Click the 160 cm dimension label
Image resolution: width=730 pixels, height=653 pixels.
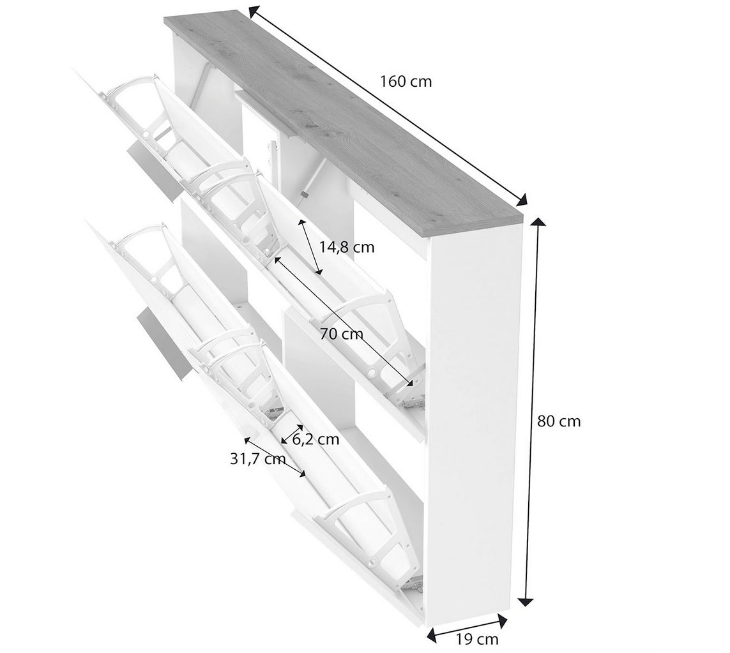(x=406, y=82)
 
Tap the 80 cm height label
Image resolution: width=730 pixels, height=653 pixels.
(x=559, y=421)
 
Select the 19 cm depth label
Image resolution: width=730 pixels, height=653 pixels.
(x=476, y=639)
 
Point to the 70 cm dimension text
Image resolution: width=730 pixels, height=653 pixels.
(x=341, y=334)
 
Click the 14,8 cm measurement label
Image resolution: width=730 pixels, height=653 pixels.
(x=347, y=247)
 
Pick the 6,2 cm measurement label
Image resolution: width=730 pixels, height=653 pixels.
(x=316, y=439)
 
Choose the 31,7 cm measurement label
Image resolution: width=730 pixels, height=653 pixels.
(x=258, y=459)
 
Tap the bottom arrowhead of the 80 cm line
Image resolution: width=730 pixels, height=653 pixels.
(x=526, y=601)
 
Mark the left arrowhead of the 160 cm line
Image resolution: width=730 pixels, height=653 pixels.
(x=254, y=11)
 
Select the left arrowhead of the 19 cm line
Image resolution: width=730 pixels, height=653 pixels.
(x=432, y=633)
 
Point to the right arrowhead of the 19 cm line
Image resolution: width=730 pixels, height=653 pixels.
(x=503, y=620)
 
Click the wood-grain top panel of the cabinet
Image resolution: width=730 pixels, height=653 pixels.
(x=344, y=116)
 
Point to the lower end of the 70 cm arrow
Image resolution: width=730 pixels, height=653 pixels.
(x=411, y=384)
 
